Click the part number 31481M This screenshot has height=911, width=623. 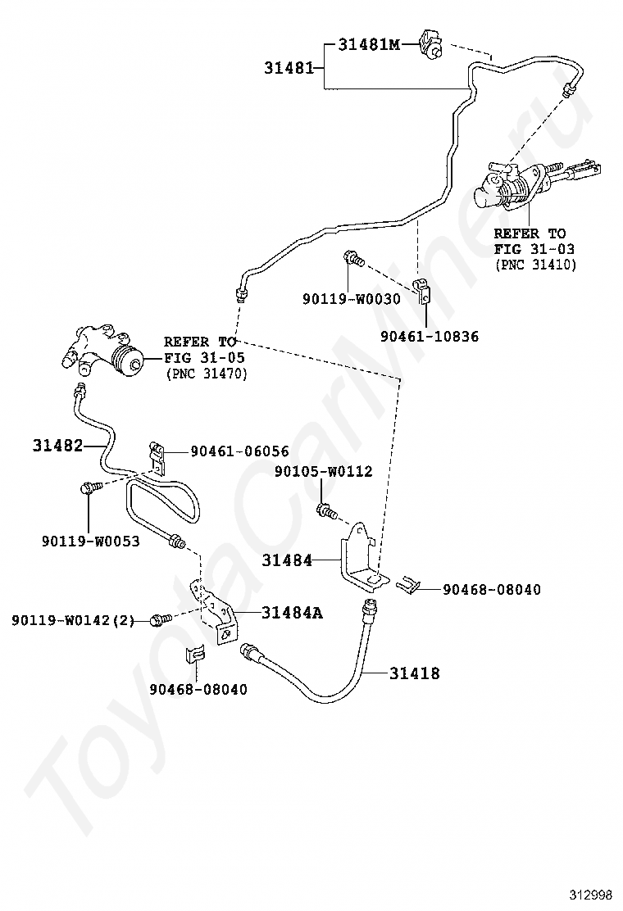click(x=369, y=44)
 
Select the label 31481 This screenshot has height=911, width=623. click(x=289, y=68)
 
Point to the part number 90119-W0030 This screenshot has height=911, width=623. click(x=351, y=299)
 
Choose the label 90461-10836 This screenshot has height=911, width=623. click(x=430, y=337)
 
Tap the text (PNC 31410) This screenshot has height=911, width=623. click(x=535, y=265)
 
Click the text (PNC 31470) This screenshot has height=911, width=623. click(x=207, y=374)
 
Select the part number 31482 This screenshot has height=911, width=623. click(x=57, y=446)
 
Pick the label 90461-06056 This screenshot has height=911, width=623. click(x=239, y=451)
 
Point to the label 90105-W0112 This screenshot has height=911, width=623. click(x=324, y=471)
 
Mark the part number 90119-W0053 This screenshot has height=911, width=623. click(x=91, y=542)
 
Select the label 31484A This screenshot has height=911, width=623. click(x=292, y=612)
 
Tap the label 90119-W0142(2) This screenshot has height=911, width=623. click(x=73, y=620)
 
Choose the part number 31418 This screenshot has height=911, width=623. click(x=414, y=673)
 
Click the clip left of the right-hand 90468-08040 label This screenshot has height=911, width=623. click(x=409, y=586)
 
